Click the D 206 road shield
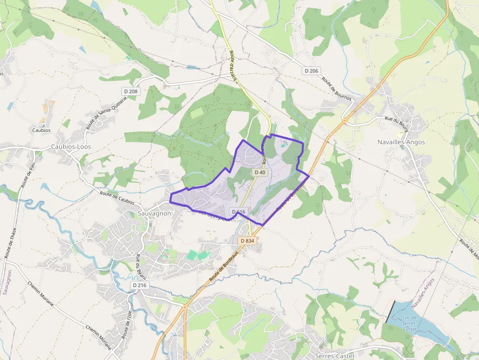tap(311, 71)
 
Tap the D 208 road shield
tap(131, 91)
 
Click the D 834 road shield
tap(247, 241)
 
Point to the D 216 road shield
tap(139, 285)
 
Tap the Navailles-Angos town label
tap(401, 142)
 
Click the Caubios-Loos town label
tap(71, 147)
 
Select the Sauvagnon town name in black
tap(154, 213)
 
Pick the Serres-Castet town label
tap(335, 355)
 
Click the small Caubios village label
tap(41, 130)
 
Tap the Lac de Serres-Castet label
tap(410, 323)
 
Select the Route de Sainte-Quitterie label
tap(106, 112)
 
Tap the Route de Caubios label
tap(117, 197)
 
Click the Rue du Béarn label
tap(141, 267)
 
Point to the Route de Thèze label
tap(11, 243)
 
